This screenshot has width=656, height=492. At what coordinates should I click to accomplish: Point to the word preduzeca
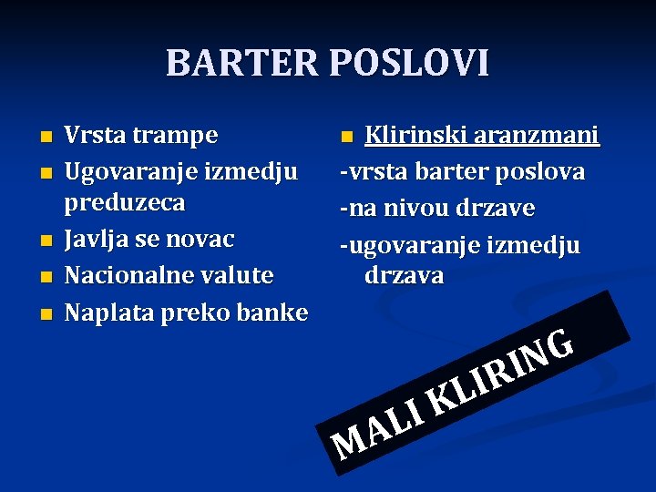[125, 202]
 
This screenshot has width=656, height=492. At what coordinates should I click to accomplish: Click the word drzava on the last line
[404, 275]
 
